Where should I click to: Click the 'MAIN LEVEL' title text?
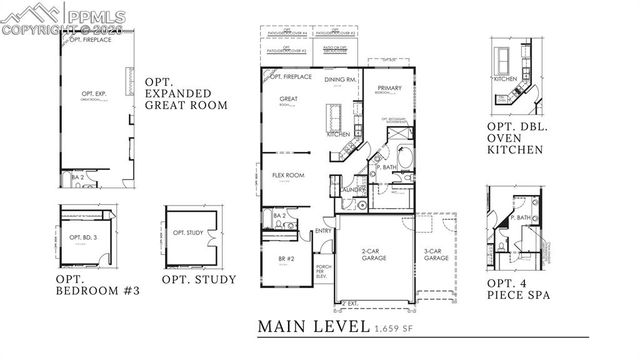coord(313,326)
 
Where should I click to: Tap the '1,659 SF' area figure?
coord(398,328)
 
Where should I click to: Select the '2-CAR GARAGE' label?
coord(375,255)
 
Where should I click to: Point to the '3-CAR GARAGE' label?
coord(435,255)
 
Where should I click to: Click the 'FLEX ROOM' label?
coord(288,175)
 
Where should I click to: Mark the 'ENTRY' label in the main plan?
coord(323,232)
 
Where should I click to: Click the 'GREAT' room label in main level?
coord(289,98)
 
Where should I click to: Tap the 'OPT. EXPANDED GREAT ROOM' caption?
coord(186,93)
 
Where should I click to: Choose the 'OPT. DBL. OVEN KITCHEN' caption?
coord(515,137)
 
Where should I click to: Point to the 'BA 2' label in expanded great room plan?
coord(76,177)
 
